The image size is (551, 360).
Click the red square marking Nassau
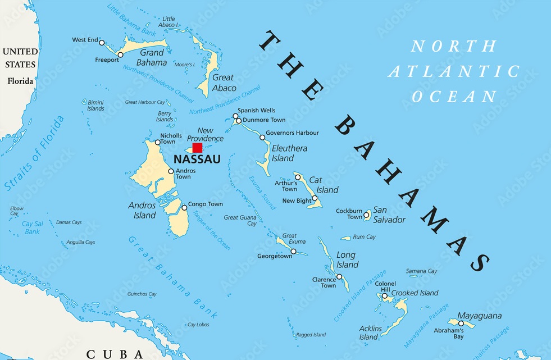tap(197, 148)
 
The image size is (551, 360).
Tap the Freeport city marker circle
tap(120, 55)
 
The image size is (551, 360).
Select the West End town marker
tap(102, 42)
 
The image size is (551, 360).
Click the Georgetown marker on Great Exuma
tap(293, 251)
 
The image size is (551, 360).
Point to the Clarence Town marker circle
tap(339, 276)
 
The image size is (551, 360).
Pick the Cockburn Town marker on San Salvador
tap(366, 215)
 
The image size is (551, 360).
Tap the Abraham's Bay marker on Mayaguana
tap(461, 323)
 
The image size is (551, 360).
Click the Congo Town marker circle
tap(184, 208)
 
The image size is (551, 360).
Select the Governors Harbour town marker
tap(262, 137)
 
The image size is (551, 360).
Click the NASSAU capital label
tap(193, 160)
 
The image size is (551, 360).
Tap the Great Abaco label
tap(223, 83)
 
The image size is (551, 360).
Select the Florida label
tap(20, 81)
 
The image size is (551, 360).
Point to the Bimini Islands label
tap(95, 105)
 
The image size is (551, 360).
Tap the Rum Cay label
tap(364, 237)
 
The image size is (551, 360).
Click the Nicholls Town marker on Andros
tap(157, 142)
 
